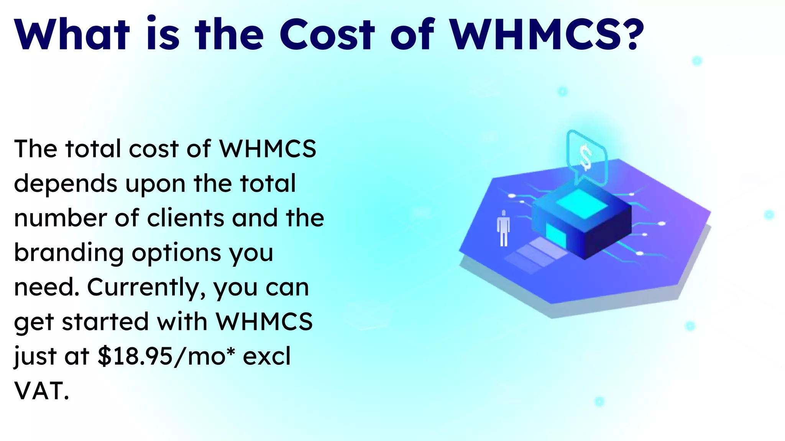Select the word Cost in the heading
pyautogui.click(x=327, y=34)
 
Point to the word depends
pyautogui.click(x=65, y=184)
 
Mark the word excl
pyautogui.click(x=267, y=356)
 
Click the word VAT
pyautogui.click(x=41, y=391)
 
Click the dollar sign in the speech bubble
pyautogui.click(x=586, y=157)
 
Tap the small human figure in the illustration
pyautogui.click(x=503, y=228)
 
